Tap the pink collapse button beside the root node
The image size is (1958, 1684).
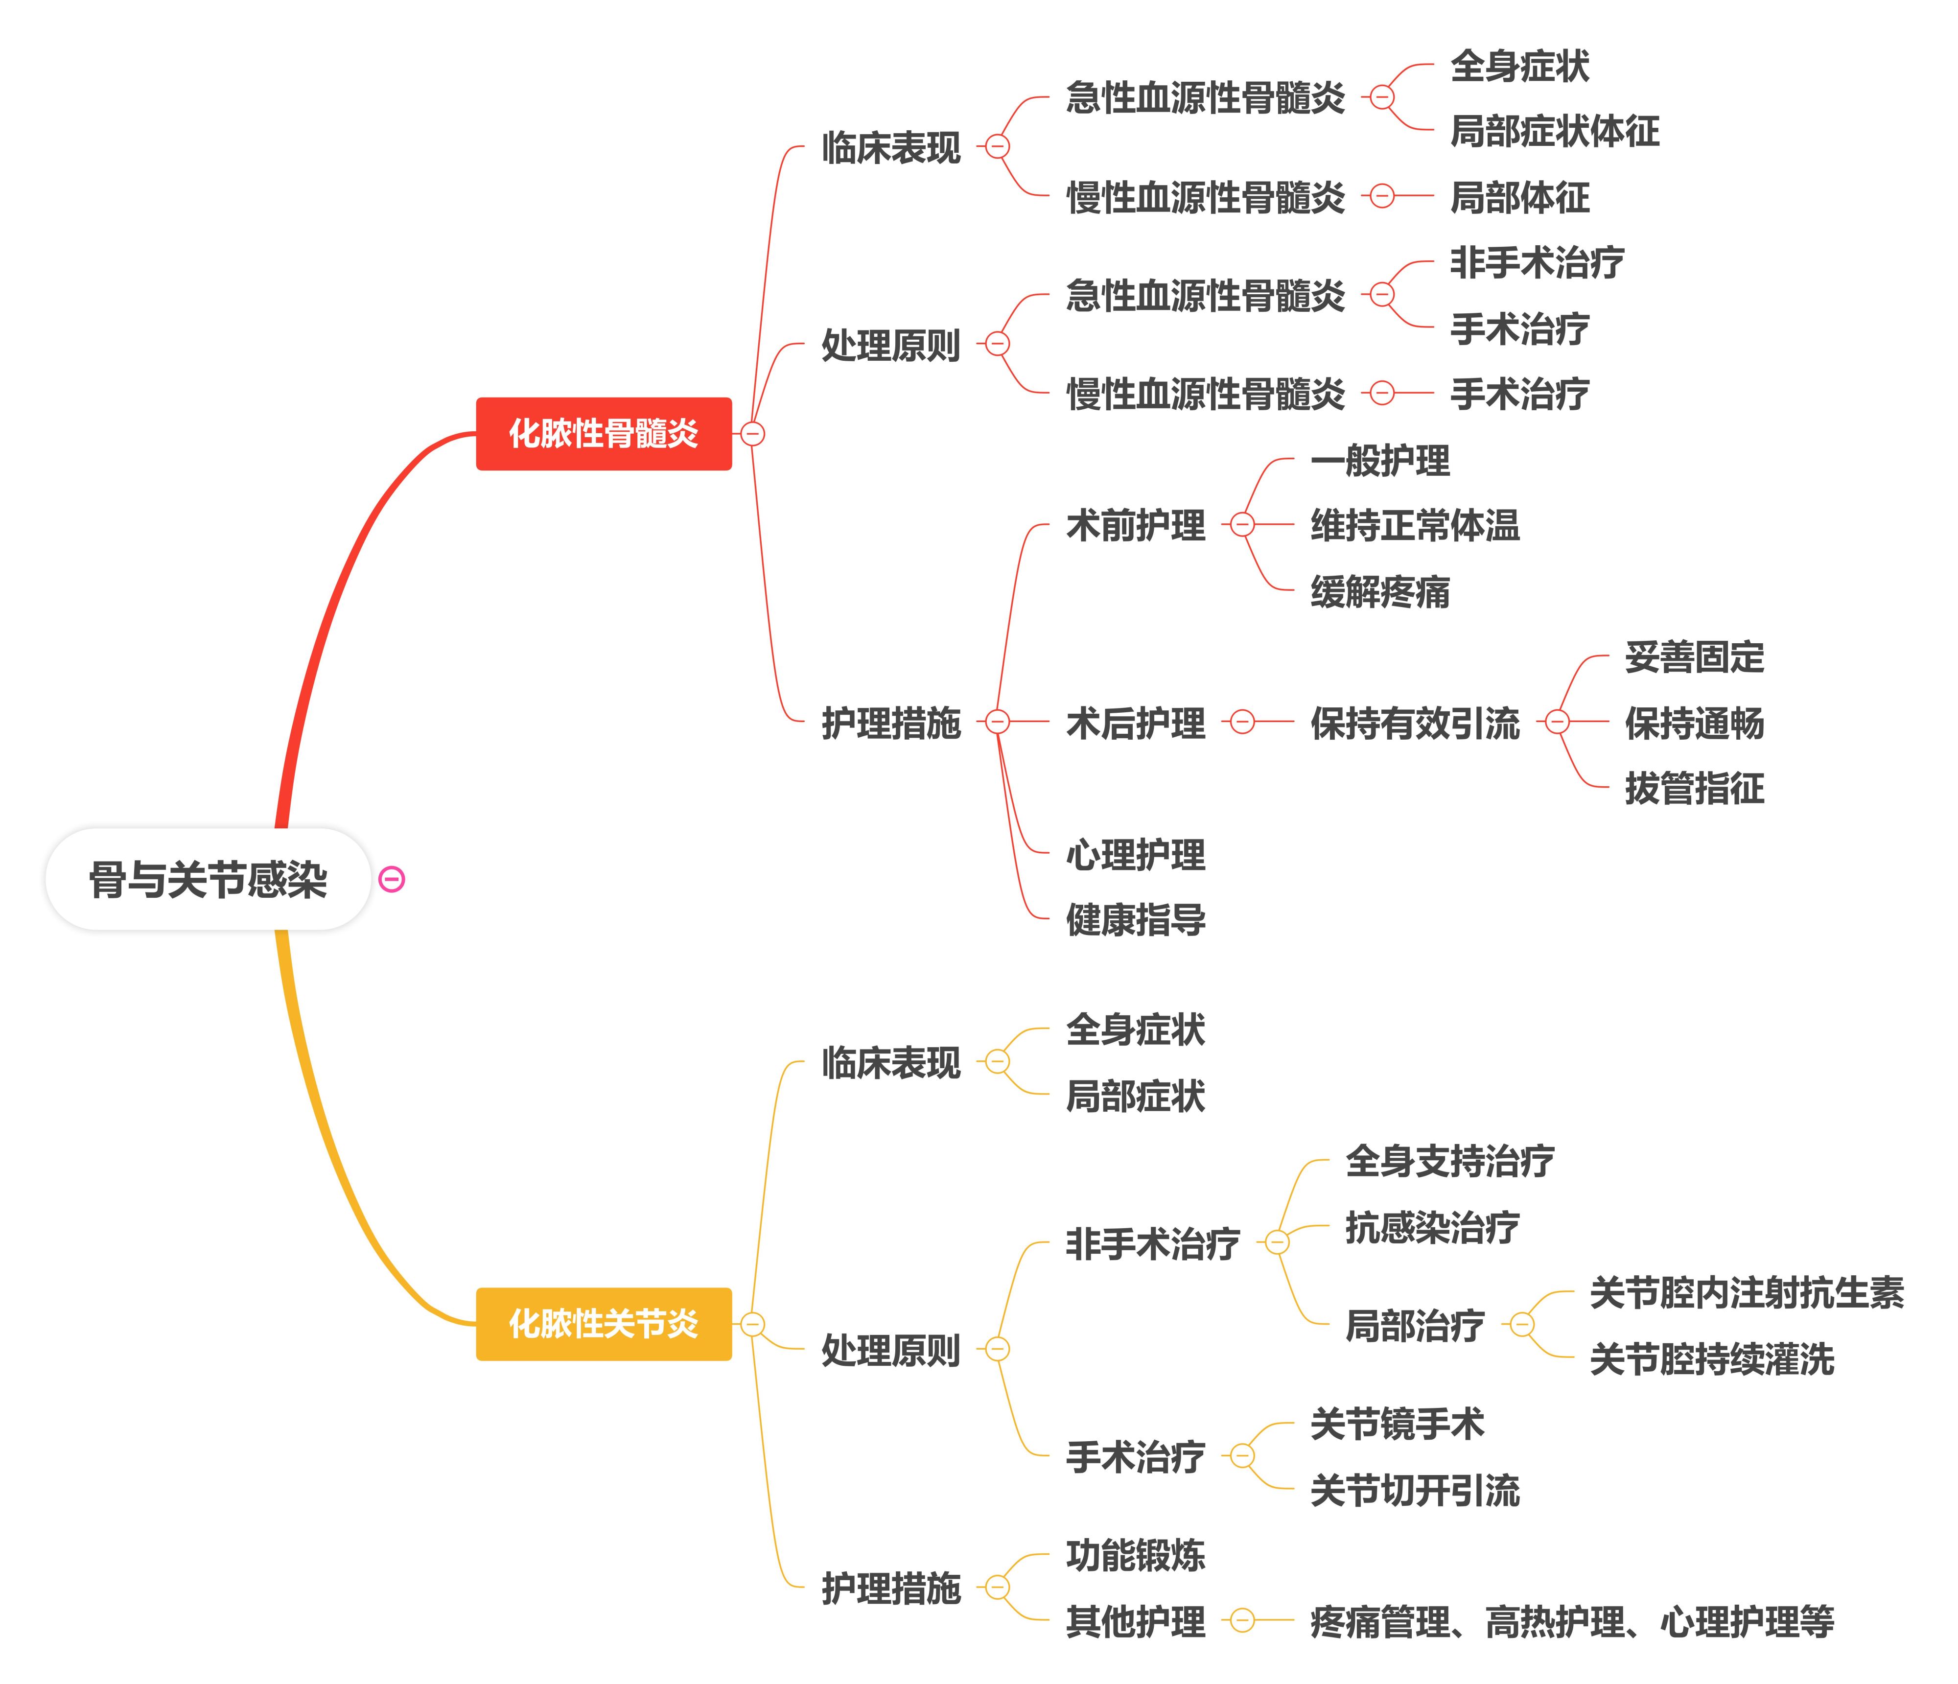(x=391, y=880)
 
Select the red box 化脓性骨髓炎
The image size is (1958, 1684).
(x=603, y=434)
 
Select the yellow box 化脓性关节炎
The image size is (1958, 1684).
(x=603, y=1324)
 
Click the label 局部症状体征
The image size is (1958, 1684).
(x=1555, y=131)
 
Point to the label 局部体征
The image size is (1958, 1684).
(x=1519, y=197)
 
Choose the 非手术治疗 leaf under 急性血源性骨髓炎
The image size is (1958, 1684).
(x=1537, y=263)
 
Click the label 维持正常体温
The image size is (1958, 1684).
(x=1415, y=525)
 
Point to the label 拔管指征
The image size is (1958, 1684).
(x=1694, y=788)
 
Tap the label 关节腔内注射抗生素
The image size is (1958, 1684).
(x=1747, y=1293)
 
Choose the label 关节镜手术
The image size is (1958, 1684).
(x=1397, y=1424)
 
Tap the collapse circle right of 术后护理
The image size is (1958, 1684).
(x=1242, y=723)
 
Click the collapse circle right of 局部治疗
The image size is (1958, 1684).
(x=1521, y=1325)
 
